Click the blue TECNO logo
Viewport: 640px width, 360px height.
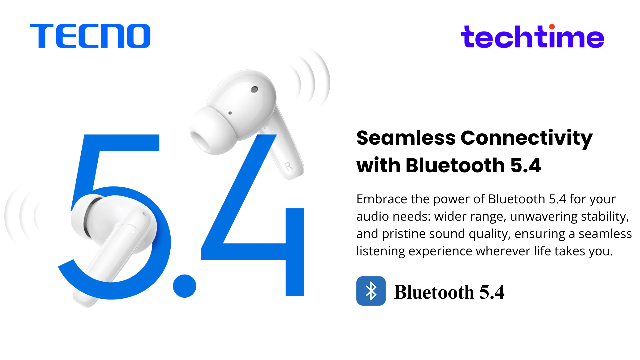(x=90, y=36)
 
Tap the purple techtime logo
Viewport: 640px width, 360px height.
(x=532, y=36)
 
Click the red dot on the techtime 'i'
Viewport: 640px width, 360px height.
(x=552, y=27)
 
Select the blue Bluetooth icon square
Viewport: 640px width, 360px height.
(x=371, y=291)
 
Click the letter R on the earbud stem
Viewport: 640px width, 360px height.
(x=288, y=166)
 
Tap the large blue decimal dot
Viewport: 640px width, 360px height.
(x=184, y=286)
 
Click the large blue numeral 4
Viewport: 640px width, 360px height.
(x=252, y=215)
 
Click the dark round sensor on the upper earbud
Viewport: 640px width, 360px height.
(x=254, y=89)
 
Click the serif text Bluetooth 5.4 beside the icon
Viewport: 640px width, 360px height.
(x=449, y=292)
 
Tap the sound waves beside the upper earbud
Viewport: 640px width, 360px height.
(x=312, y=80)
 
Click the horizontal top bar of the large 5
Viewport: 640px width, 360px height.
(x=120, y=143)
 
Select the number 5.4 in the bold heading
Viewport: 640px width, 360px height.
(x=526, y=166)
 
